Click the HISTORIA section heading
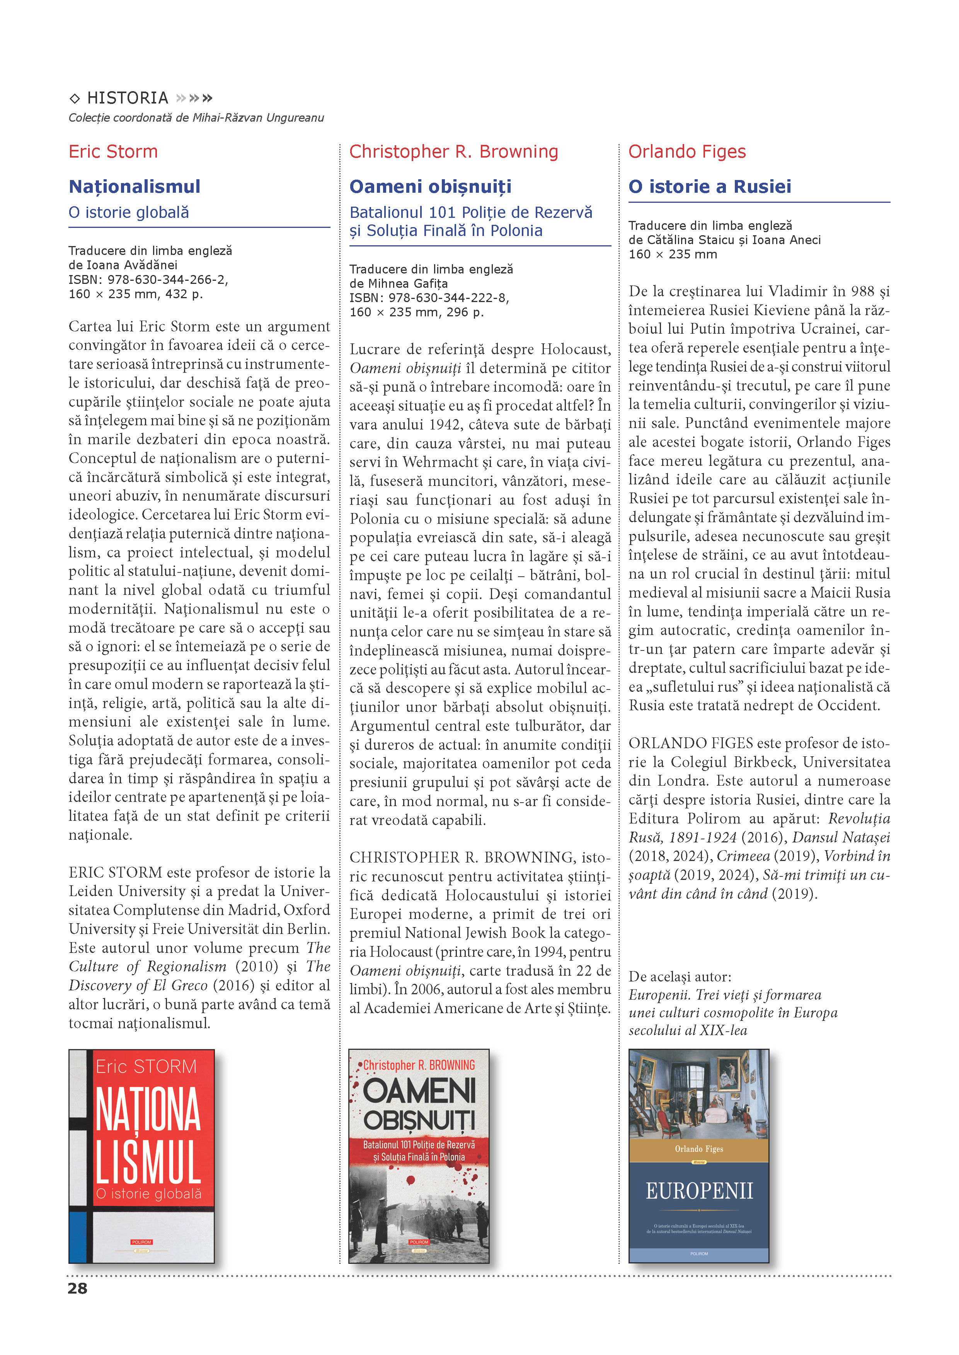pos(128,98)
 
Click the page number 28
pos(77,1288)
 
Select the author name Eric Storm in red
pos(113,152)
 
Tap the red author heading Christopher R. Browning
pos(453,152)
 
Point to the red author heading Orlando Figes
pos(687,152)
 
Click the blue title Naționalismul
pos(135,187)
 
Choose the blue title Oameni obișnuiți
pos(431,187)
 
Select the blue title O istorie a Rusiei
pos(709,187)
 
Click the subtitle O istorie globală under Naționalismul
pos(129,212)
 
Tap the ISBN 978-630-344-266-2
pos(167,280)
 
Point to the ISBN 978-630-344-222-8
pos(448,298)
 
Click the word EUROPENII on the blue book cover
pos(699,1191)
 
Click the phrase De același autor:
pos(680,977)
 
